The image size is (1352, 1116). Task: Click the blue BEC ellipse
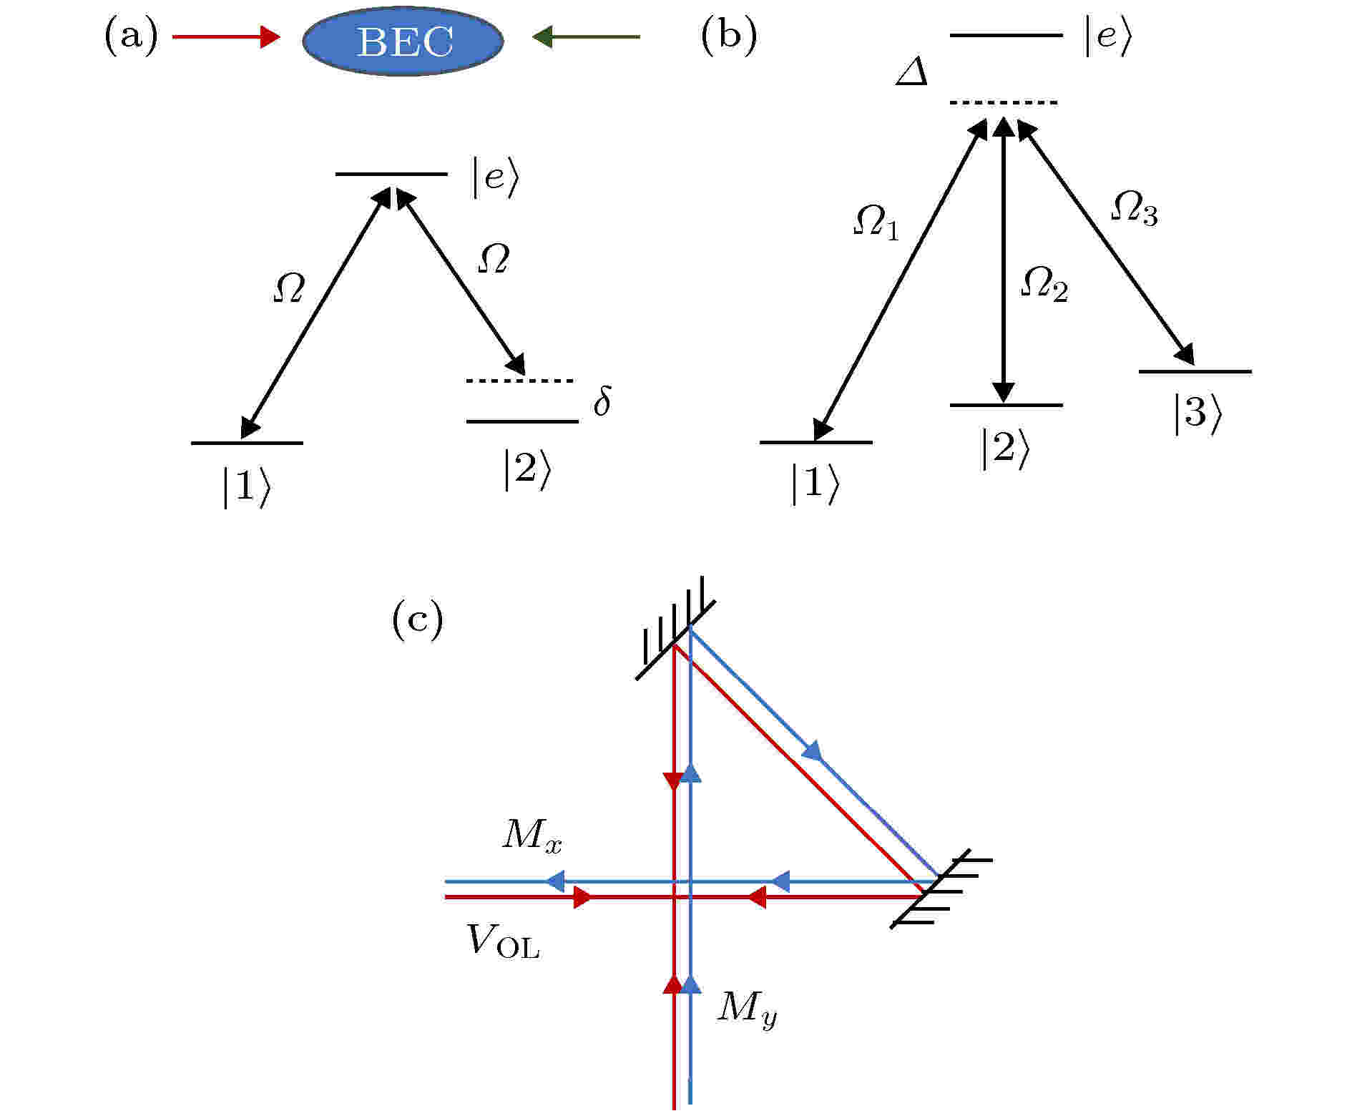[403, 41]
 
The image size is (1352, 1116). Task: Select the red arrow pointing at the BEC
[227, 36]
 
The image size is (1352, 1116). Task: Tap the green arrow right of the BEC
[587, 36]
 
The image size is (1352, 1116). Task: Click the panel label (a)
[131, 37]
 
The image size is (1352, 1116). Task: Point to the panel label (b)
[728, 37]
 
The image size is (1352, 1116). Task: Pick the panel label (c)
[418, 620]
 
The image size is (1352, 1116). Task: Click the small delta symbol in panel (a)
[602, 401]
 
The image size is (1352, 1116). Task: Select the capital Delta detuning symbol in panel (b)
[913, 72]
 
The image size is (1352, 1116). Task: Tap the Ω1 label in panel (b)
[876, 222]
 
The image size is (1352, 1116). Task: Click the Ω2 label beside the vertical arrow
[1044, 284]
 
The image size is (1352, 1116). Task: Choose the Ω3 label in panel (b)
[1134, 209]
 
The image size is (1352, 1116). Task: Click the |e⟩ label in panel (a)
[494, 176]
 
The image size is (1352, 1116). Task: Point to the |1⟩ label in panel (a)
[246, 487]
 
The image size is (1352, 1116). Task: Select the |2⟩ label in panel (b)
[1005, 450]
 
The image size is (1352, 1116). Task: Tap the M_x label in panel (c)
[532, 834]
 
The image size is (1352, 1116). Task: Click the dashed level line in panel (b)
[1003, 103]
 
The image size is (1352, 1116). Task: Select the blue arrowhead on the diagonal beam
[813, 751]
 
